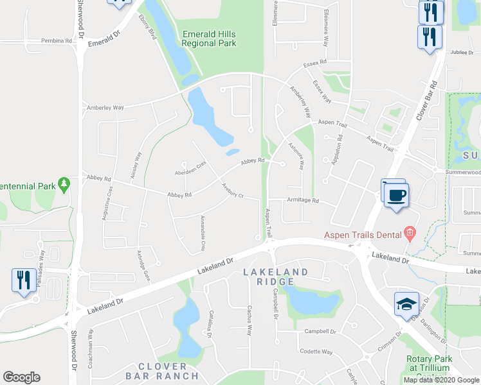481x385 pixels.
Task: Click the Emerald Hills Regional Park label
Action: (208, 38)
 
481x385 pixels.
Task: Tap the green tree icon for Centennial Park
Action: (64, 185)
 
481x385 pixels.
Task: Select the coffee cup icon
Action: (396, 194)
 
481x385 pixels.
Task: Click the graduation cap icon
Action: (407, 304)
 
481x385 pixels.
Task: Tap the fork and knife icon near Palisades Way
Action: (23, 280)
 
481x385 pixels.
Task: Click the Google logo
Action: (21, 377)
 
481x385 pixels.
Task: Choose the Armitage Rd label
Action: (303, 200)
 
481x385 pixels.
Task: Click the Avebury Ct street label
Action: (232, 191)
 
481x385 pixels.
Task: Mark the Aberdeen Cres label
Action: (191, 169)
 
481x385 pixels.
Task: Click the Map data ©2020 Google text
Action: (441, 380)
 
